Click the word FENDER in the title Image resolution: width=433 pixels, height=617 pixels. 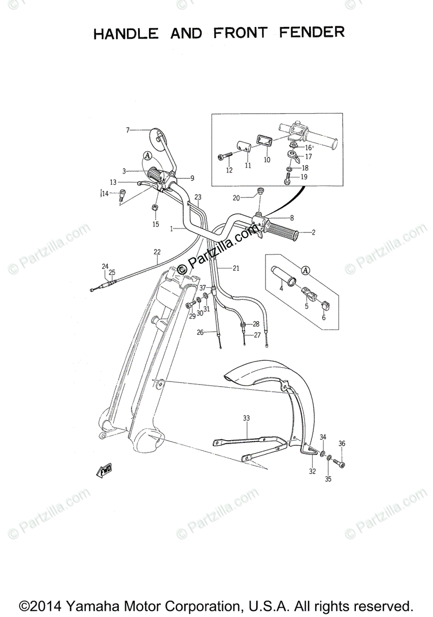click(311, 33)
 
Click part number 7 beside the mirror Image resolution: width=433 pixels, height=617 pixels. click(128, 130)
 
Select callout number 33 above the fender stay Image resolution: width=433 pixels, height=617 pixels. click(246, 419)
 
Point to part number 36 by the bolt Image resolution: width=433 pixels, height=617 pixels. click(342, 444)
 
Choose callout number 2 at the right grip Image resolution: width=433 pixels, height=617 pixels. click(313, 232)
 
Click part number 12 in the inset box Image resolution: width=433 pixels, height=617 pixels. click(229, 170)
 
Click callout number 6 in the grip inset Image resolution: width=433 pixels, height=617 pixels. click(324, 317)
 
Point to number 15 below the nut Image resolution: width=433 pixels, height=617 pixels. click(155, 224)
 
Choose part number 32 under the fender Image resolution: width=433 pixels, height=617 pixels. click(312, 471)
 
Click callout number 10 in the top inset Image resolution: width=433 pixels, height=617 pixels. click(267, 160)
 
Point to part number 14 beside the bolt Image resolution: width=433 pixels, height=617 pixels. click(105, 193)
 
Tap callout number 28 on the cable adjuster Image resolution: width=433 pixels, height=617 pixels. click(256, 324)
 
